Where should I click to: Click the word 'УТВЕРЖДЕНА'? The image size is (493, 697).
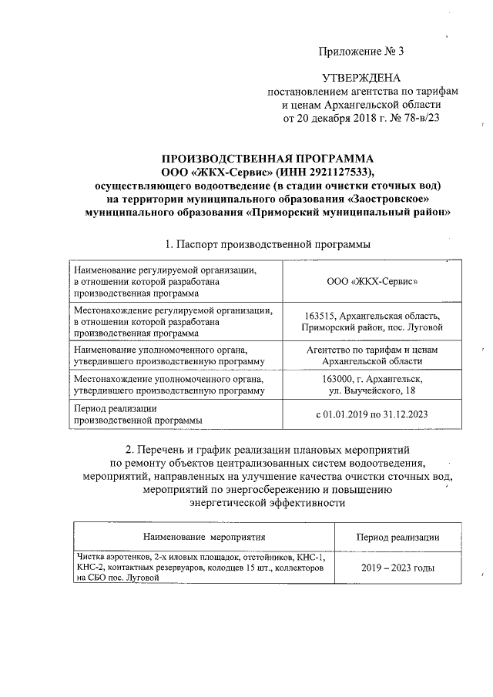pyautogui.click(x=361, y=78)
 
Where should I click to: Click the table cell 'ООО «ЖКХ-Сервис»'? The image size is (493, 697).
pyautogui.click(x=372, y=282)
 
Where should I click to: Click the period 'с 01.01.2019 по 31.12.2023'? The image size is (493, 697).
pyautogui.click(x=372, y=414)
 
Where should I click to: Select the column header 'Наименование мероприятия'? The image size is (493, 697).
pyautogui.click(x=204, y=537)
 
